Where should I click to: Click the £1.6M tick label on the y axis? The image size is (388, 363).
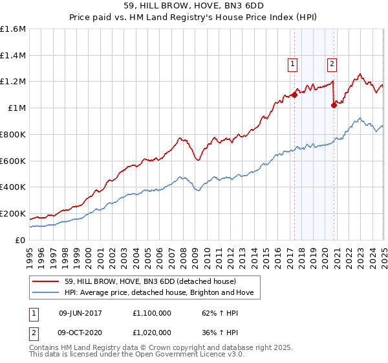[13, 29]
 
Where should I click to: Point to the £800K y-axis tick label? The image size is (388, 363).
[13, 135]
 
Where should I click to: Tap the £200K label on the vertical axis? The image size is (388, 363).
[13, 213]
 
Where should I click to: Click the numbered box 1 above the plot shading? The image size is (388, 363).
[293, 64]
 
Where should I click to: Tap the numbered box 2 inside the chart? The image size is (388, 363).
[332, 64]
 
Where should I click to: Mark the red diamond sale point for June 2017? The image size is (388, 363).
[294, 95]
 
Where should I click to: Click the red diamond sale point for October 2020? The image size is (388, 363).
[334, 105]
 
